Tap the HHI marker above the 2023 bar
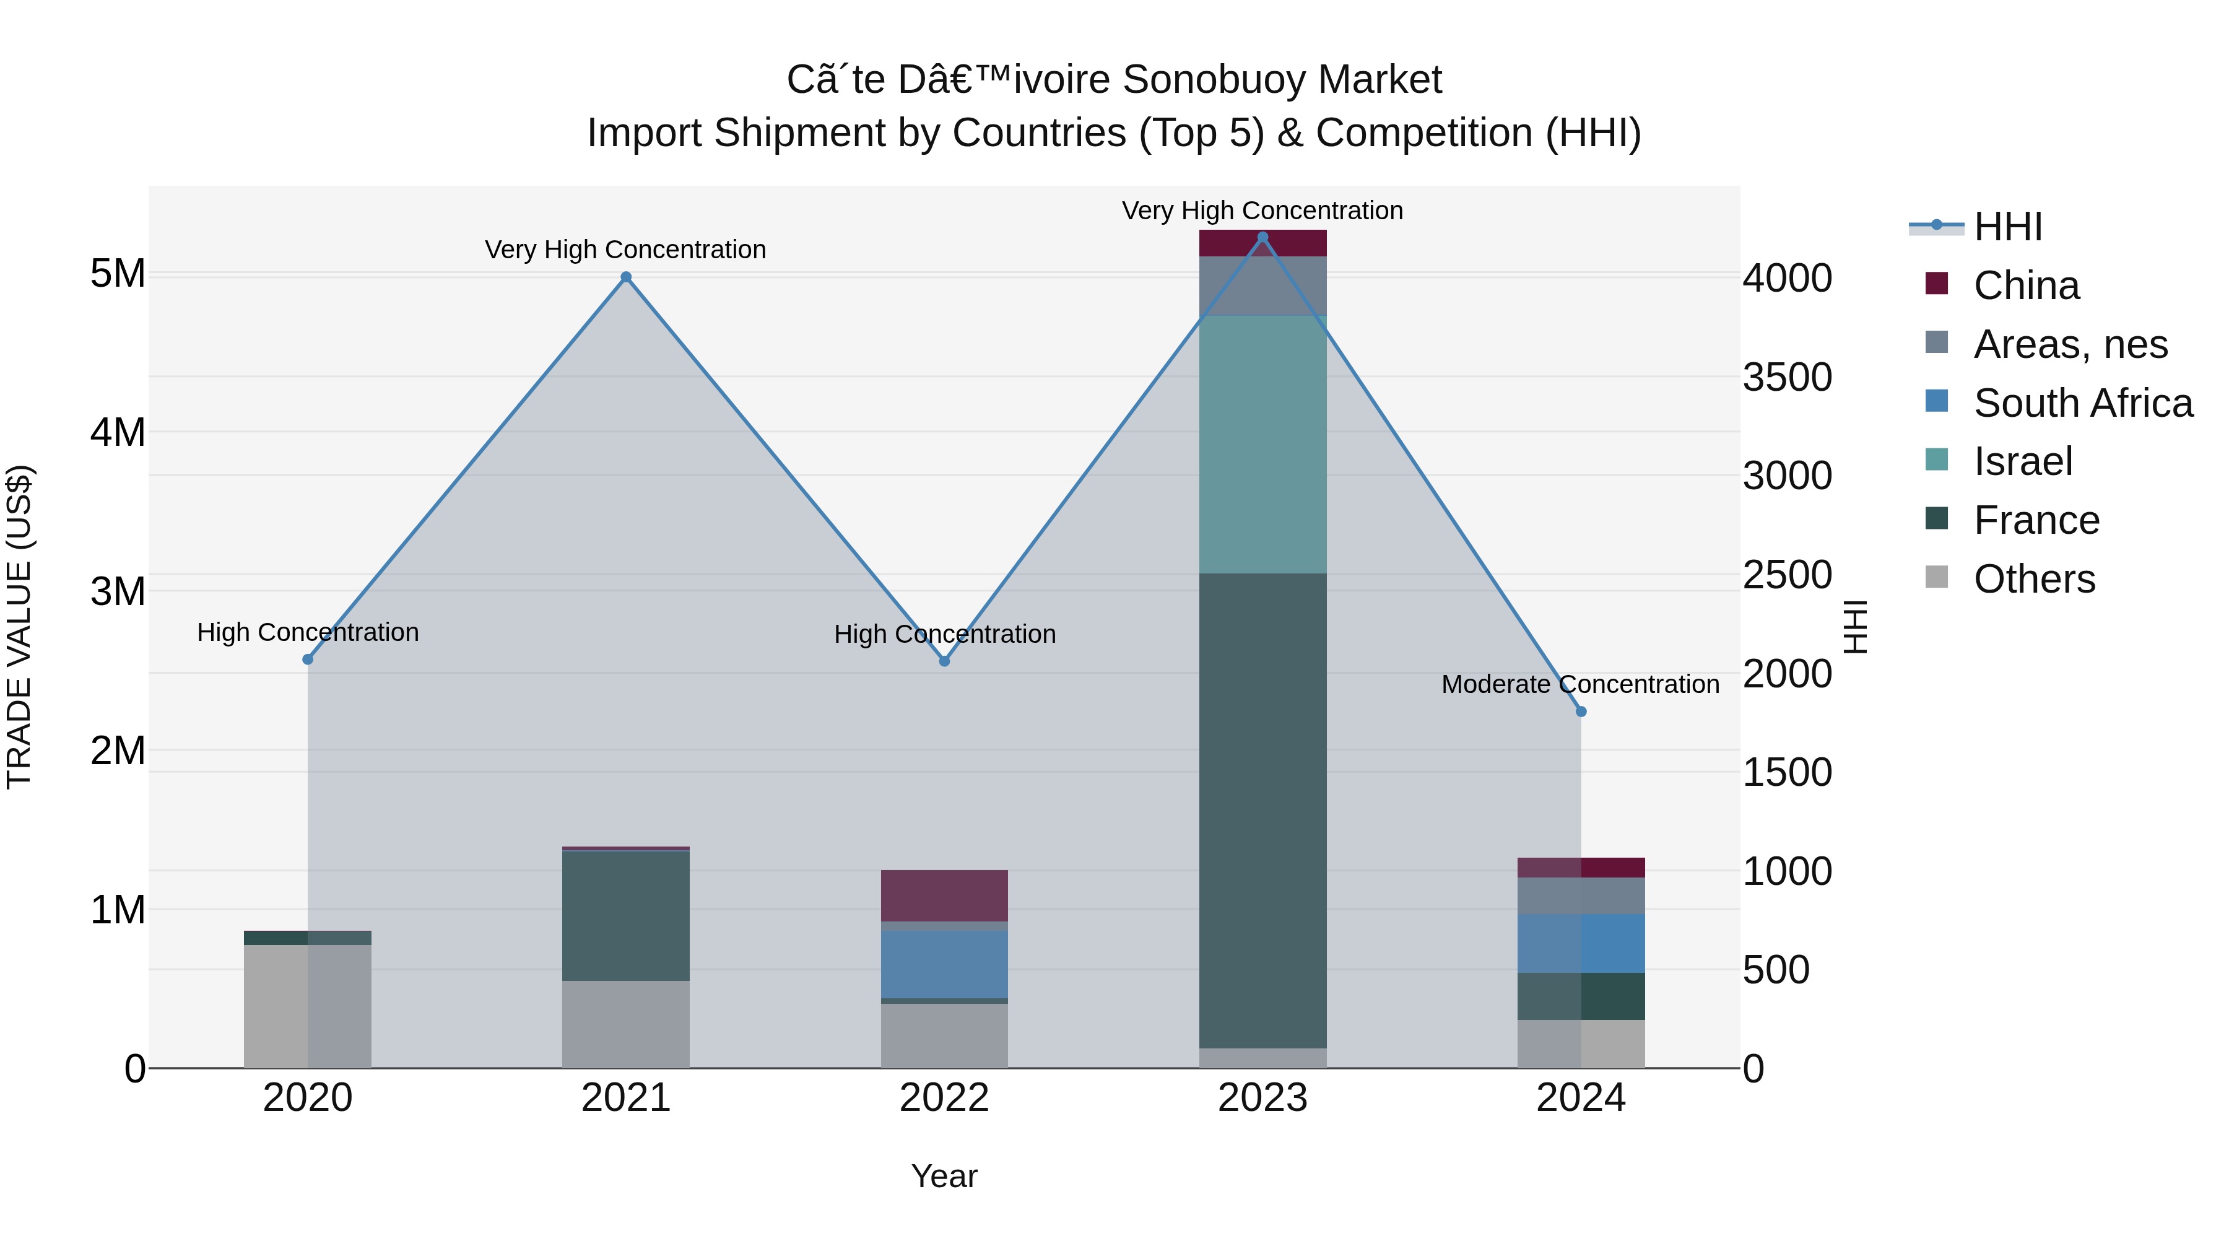(x=1262, y=237)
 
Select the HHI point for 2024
(x=1581, y=712)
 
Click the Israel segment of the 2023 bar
(x=1262, y=444)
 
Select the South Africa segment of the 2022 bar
(x=944, y=964)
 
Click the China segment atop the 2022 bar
(x=944, y=895)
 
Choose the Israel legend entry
(x=2022, y=461)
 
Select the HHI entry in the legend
(x=2007, y=227)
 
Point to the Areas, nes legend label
(x=2070, y=344)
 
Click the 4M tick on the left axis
(x=118, y=432)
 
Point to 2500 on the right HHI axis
(x=1787, y=575)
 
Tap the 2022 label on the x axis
(x=944, y=1098)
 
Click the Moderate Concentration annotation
(x=1580, y=684)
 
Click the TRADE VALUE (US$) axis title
(x=19, y=627)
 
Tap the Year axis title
(x=944, y=1176)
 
